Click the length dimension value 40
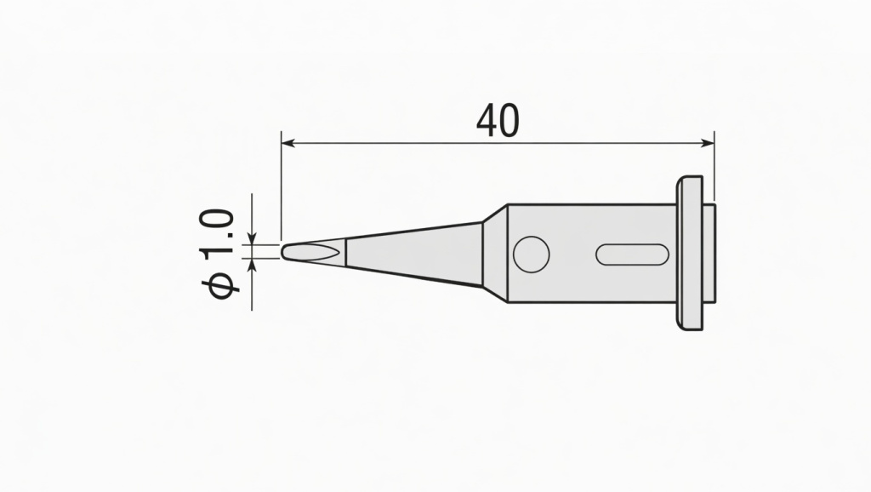498,122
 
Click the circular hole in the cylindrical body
532,254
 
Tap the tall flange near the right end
691,253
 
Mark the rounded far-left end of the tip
283,252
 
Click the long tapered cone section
417,252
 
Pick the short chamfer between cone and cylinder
494,253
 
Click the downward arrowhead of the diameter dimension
252,239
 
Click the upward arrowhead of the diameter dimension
252,265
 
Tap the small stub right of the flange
709,253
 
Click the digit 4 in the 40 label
487,122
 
